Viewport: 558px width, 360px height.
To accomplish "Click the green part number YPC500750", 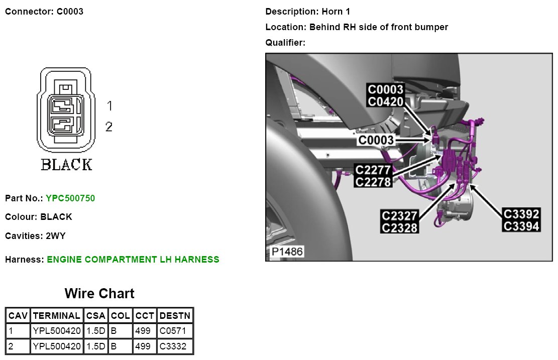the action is (x=70, y=198).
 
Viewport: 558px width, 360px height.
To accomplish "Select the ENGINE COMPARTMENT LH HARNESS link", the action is (x=133, y=260).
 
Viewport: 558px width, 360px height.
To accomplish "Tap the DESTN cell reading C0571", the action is (x=175, y=331).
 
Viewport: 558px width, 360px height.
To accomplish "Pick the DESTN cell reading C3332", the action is (x=175, y=346).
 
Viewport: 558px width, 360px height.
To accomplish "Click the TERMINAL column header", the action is (x=57, y=316).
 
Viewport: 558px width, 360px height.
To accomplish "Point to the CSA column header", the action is (x=95, y=316).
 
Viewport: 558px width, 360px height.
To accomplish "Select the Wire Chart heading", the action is (x=99, y=293).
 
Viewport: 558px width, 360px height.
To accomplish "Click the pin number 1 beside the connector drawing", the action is (x=109, y=106).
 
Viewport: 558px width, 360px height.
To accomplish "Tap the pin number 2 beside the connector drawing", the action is (x=109, y=127).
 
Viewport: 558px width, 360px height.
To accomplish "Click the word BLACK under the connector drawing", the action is (x=67, y=165).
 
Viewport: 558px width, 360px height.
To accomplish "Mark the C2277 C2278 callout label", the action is (x=373, y=176).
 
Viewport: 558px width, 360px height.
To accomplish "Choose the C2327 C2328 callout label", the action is (x=400, y=221).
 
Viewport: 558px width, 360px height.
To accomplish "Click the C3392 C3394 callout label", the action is (x=521, y=220).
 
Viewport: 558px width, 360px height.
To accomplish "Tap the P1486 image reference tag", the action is (x=288, y=251).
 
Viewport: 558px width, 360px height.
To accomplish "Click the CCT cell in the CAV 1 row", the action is (x=144, y=331).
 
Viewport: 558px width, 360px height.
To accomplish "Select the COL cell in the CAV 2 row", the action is (x=120, y=346).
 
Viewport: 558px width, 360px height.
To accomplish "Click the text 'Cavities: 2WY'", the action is (x=35, y=235).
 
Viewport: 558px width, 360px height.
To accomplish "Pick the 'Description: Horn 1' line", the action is (x=307, y=11).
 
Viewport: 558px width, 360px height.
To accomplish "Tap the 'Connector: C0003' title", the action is (x=44, y=11).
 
